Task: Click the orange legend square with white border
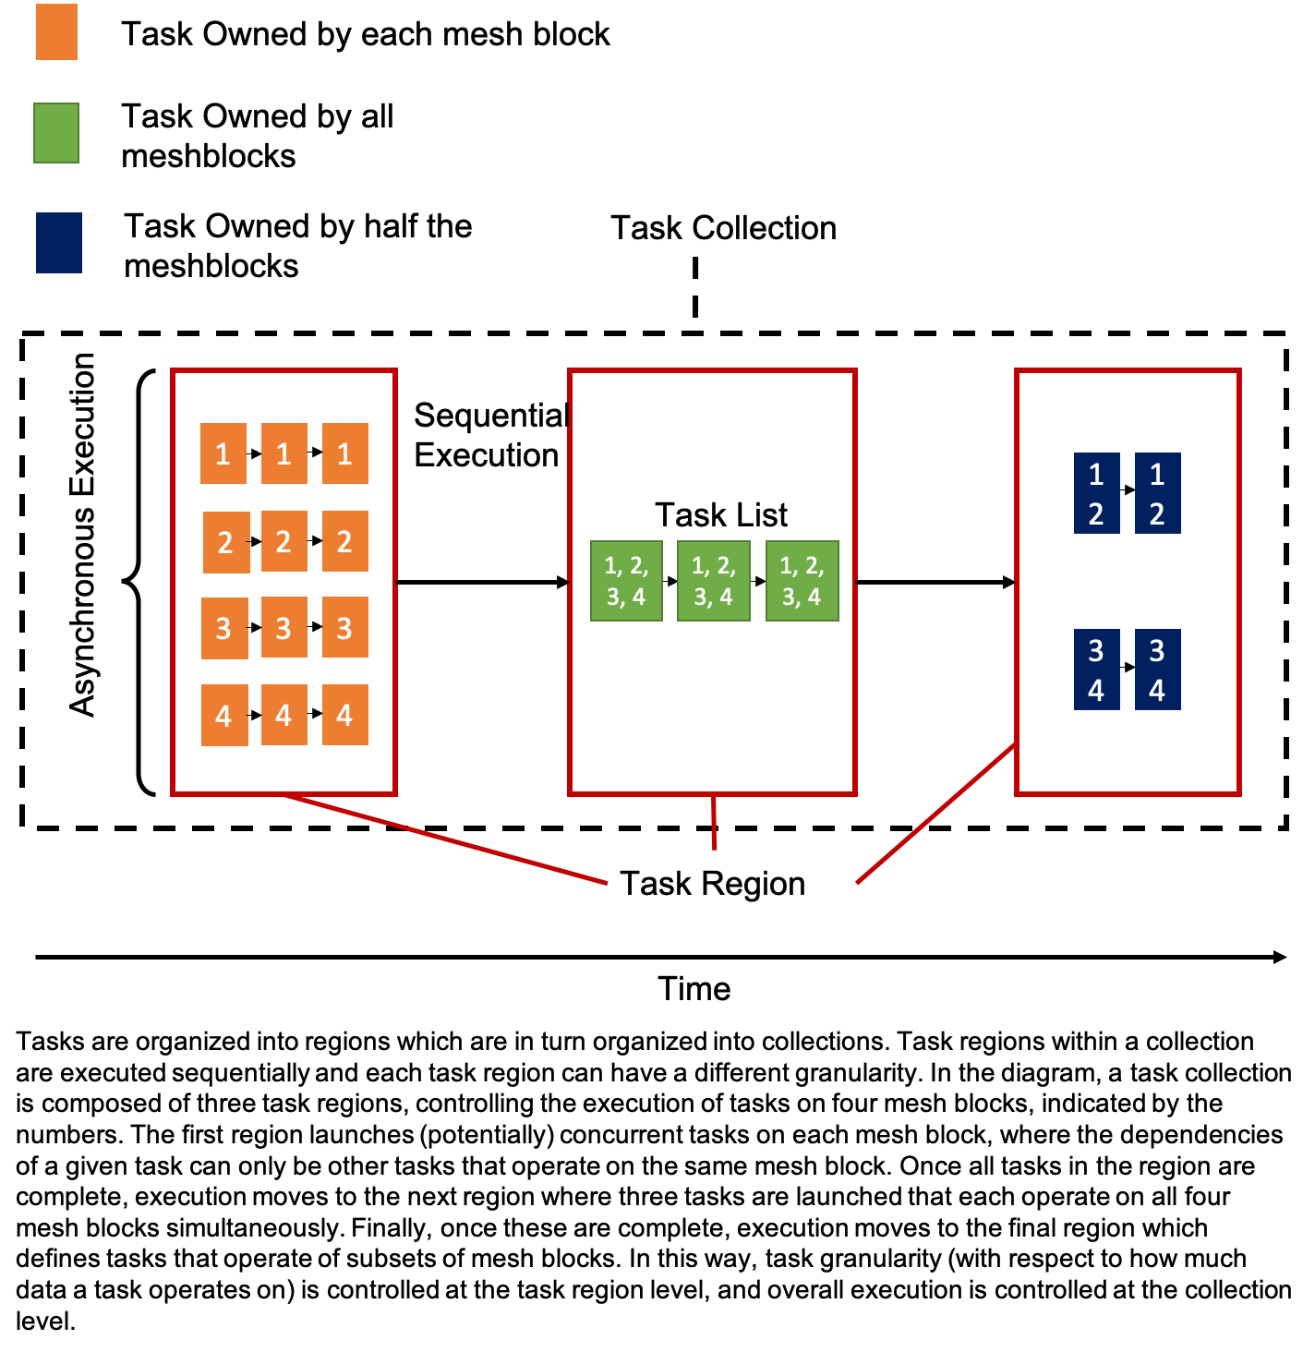pos(57,32)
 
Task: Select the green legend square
pos(56,133)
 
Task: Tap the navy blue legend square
pos(59,243)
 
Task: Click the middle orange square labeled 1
pos(284,453)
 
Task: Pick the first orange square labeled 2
pos(226,542)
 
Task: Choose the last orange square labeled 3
pos(345,628)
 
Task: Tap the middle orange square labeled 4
pos(284,715)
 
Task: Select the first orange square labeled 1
pos(223,453)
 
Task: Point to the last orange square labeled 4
pos(345,715)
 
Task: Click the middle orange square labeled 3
pos(284,628)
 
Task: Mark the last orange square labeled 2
pos(345,541)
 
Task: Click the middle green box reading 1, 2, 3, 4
pos(714,581)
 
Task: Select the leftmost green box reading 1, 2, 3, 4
pos(626,581)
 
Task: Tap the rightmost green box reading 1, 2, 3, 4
pos(802,581)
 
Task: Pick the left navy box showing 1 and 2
pos(1097,493)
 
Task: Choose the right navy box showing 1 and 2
pos(1158,493)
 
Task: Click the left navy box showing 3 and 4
pos(1097,670)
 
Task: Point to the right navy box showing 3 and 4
pos(1158,670)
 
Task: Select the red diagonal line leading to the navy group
pos(935,814)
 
